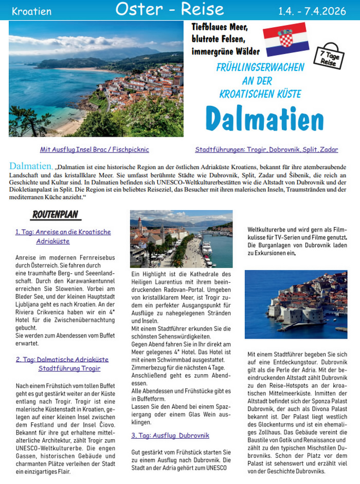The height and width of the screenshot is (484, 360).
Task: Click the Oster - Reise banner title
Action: [x=170, y=9]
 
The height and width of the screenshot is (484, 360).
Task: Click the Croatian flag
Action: [x=285, y=38]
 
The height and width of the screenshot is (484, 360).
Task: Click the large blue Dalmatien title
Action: [x=265, y=119]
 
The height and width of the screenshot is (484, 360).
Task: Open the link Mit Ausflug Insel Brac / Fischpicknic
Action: [x=95, y=150]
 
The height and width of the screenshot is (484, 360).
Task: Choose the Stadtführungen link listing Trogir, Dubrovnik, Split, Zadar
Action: [x=266, y=150]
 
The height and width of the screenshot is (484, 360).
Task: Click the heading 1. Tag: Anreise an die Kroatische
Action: [x=63, y=232]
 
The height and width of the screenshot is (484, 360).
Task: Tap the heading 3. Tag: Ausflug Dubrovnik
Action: [x=170, y=435]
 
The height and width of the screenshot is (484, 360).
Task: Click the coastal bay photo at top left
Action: [x=96, y=79]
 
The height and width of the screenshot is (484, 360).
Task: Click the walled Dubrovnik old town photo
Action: [x=296, y=304]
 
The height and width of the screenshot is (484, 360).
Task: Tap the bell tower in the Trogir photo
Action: [x=139, y=224]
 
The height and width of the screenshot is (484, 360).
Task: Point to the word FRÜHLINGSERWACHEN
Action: [x=260, y=67]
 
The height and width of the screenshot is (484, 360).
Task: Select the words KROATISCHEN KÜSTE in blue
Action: [x=260, y=94]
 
